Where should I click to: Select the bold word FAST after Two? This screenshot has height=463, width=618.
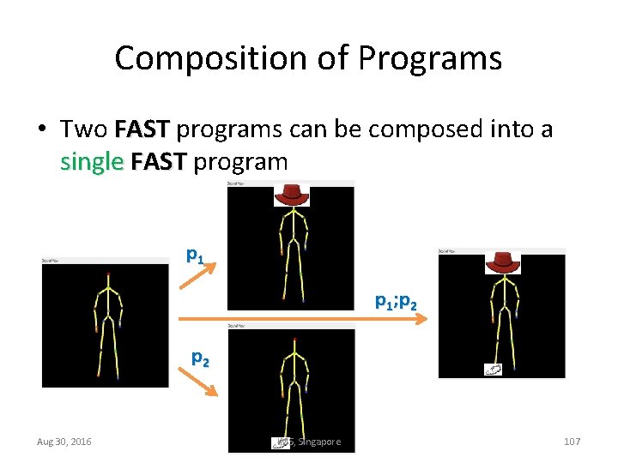[143, 129]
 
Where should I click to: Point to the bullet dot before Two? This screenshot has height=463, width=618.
[41, 130]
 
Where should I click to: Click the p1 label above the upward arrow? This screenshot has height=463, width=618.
[196, 254]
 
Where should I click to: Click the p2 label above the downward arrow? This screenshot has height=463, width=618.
[199, 358]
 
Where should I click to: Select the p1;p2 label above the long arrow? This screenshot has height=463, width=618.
[396, 301]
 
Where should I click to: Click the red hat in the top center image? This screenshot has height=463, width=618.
[291, 195]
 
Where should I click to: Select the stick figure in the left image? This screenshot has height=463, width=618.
[107, 323]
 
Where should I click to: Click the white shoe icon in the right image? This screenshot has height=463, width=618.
[494, 369]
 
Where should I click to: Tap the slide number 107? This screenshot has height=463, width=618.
[572, 442]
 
